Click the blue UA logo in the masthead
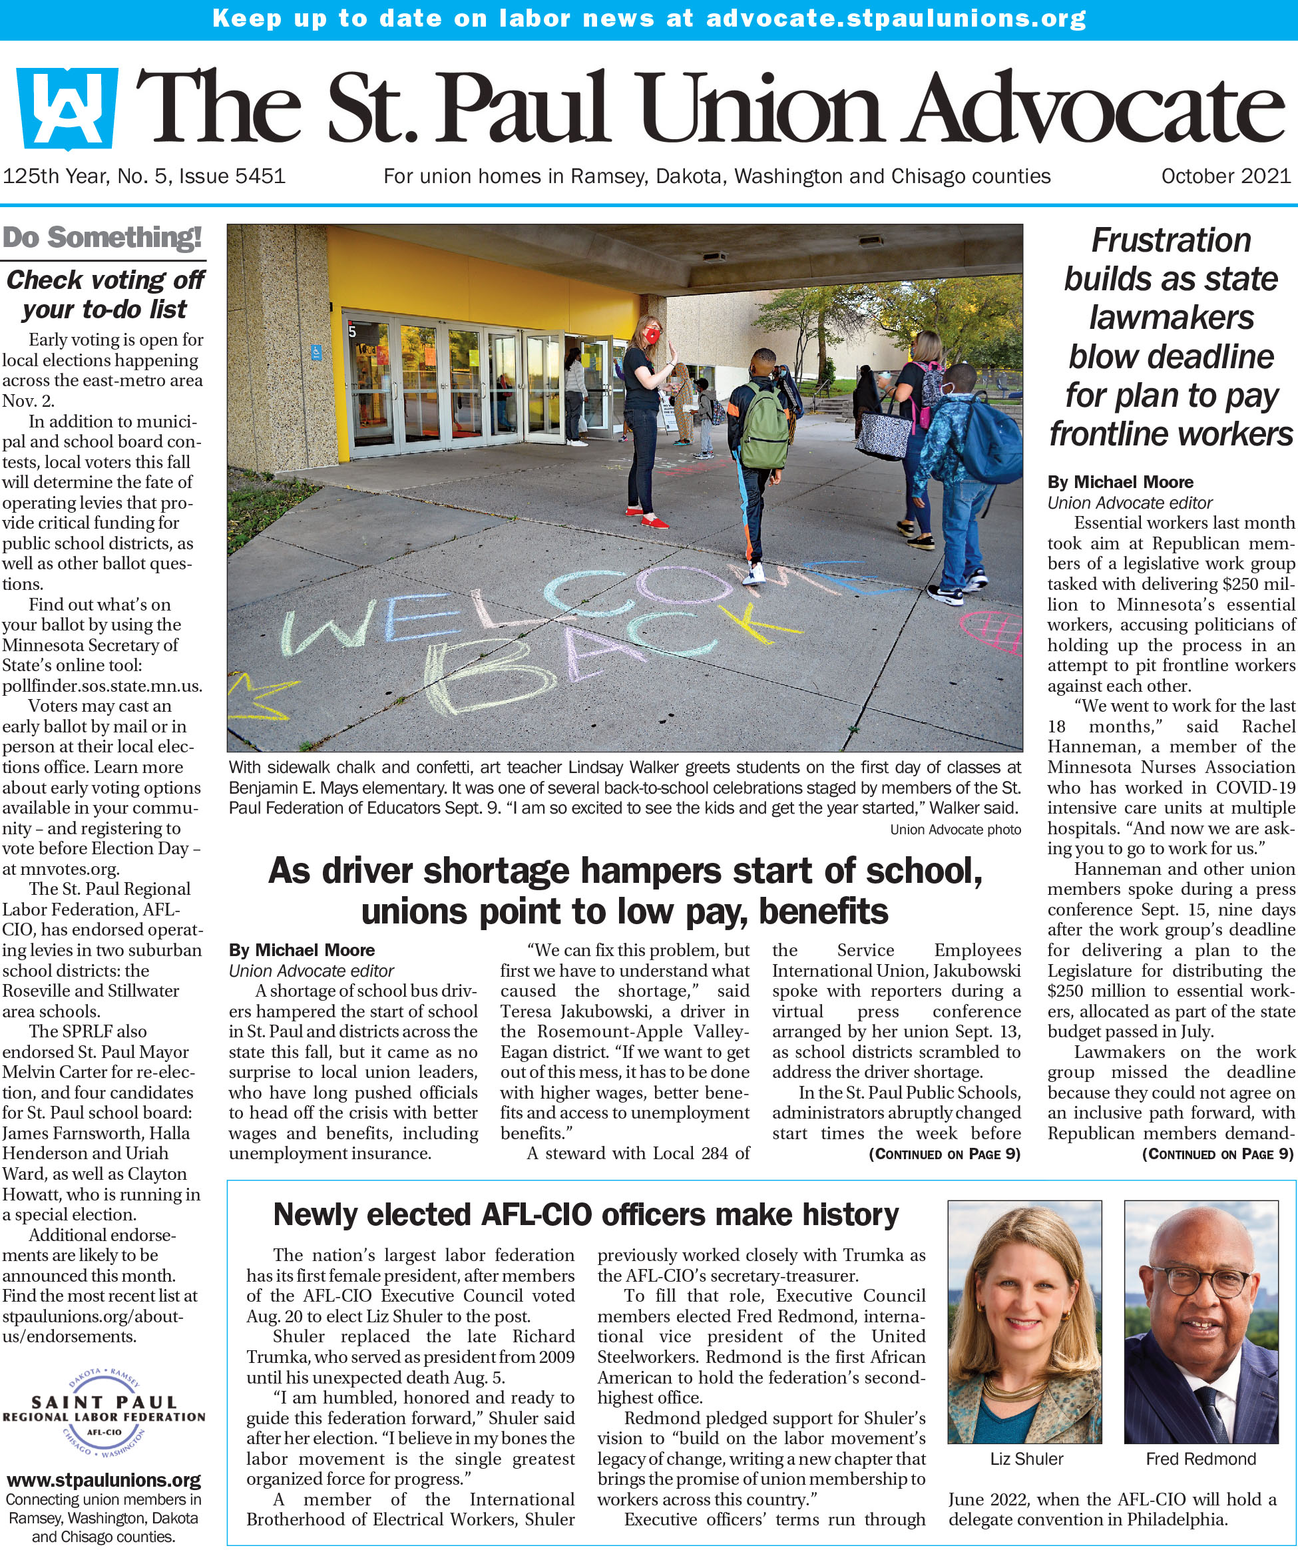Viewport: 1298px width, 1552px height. [67, 109]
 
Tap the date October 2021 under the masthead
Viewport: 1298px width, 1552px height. [1225, 176]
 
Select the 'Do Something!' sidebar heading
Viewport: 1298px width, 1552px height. [102, 238]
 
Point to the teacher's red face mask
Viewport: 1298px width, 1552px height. [652, 336]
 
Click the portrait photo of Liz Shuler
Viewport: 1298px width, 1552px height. [1024, 1322]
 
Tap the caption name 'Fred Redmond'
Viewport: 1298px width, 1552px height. [1201, 1459]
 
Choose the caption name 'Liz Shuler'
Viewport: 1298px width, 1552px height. [1026, 1459]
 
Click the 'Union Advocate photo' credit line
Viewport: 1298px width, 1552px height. [955, 829]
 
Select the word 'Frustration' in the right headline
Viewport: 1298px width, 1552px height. [1171, 240]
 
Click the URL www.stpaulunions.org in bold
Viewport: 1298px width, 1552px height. [103, 1480]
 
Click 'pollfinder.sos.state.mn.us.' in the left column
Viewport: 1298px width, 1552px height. [102, 685]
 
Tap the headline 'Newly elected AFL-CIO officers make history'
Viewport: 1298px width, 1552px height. [586, 1214]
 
